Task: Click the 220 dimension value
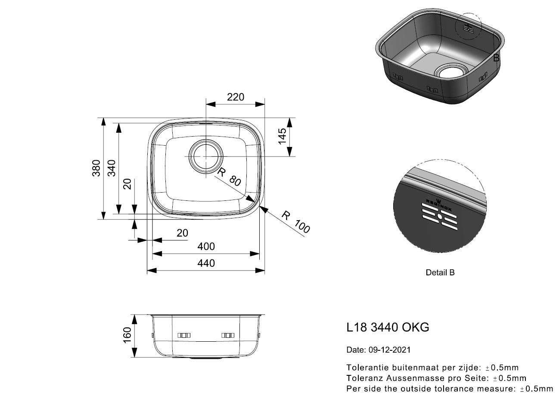click(235, 97)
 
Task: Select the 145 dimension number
click(282, 136)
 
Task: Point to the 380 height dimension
click(96, 168)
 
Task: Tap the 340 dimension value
click(112, 168)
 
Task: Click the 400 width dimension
click(206, 246)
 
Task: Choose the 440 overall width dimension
click(206, 263)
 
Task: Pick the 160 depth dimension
click(127, 335)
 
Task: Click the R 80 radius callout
click(229, 177)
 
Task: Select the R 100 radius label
click(295, 222)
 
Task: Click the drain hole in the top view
click(206, 156)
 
